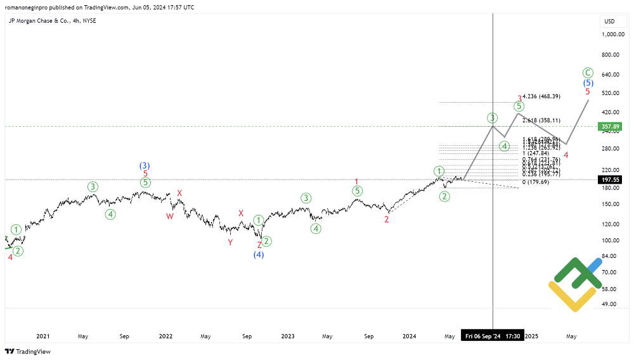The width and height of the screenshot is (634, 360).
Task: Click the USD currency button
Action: (x=609, y=21)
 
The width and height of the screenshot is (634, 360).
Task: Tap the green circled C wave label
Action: (x=588, y=72)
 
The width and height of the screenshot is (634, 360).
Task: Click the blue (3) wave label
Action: (x=145, y=165)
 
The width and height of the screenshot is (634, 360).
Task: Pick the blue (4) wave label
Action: (x=259, y=255)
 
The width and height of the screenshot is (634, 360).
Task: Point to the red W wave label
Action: (x=170, y=216)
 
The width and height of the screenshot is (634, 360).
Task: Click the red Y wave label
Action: (x=230, y=241)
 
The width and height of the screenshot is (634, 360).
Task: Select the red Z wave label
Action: (x=259, y=245)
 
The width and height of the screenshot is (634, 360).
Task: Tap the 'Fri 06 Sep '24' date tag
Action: (x=482, y=336)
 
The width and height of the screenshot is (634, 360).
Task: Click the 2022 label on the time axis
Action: (x=165, y=336)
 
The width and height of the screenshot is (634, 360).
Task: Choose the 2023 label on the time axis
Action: (x=288, y=336)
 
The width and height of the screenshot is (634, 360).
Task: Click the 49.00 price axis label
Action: (x=610, y=304)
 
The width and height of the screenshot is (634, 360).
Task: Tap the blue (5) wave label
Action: (x=588, y=83)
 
